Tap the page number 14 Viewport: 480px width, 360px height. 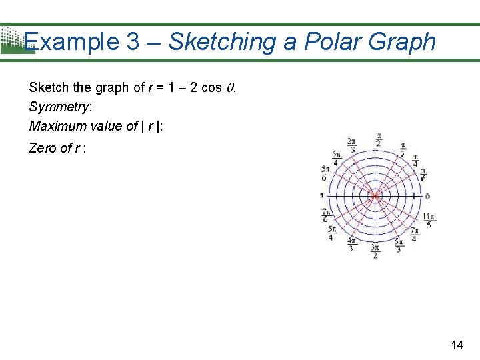457,345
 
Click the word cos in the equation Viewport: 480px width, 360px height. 210,88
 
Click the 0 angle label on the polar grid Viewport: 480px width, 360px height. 427,196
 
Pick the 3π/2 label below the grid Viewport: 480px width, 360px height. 375,251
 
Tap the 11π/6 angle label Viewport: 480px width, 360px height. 428,221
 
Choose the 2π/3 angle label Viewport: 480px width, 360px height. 352,145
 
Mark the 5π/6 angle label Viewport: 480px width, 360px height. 324,173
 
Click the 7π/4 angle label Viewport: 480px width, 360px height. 414,235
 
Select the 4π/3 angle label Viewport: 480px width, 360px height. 351,245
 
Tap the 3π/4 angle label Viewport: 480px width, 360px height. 336,158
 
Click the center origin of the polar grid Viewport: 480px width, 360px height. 375,196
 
